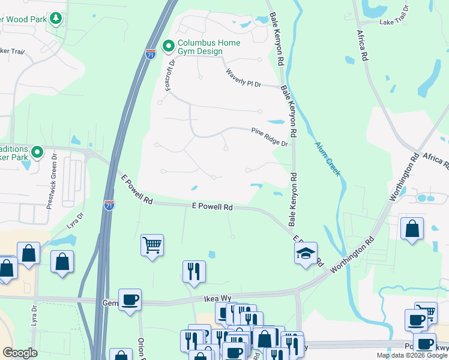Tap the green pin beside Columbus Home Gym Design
pyautogui.click(x=169, y=45)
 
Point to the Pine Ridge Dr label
pyautogui.click(x=270, y=136)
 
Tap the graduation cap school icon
pyautogui.click(x=306, y=253)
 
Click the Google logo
pyautogui.click(x=20, y=353)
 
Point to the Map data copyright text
pyautogui.click(x=412, y=355)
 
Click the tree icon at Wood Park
pyautogui.click(x=56, y=19)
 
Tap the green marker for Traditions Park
pyautogui.click(x=38, y=152)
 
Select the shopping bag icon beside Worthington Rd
pyautogui.click(x=412, y=229)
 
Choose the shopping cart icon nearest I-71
pyautogui.click(x=152, y=244)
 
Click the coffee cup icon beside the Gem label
pyautogui.click(x=129, y=299)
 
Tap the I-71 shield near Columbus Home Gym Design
pyautogui.click(x=151, y=55)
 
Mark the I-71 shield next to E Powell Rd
pyautogui.click(x=109, y=205)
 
